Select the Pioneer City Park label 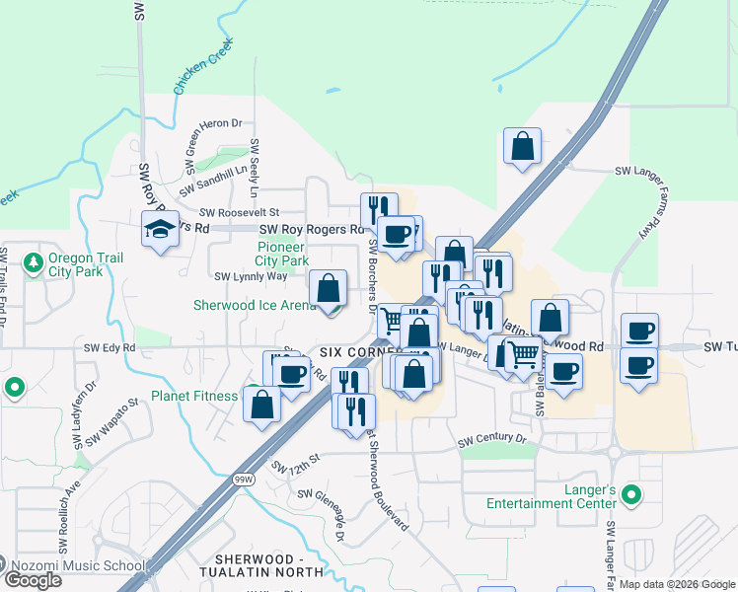pos(283,254)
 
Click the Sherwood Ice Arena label pos(256,306)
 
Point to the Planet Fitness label pos(194,397)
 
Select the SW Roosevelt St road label pos(240,212)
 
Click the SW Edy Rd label pos(109,347)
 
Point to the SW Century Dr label pos(491,437)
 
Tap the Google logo pos(33,580)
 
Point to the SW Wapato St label pos(119,420)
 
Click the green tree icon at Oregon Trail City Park pos(34,263)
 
